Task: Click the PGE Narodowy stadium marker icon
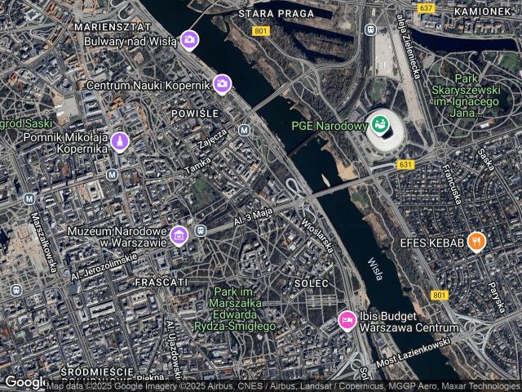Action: pos(378,126)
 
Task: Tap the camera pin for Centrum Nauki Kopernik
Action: pos(222,83)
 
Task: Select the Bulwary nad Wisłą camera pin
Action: pos(189,39)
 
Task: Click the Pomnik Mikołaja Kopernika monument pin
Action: pos(121,142)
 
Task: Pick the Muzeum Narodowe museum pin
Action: pos(179,237)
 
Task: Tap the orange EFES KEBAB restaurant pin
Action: pos(476,242)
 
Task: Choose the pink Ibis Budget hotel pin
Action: pos(347,320)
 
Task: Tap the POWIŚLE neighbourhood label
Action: pos(194,113)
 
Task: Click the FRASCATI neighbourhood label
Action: pos(158,281)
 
